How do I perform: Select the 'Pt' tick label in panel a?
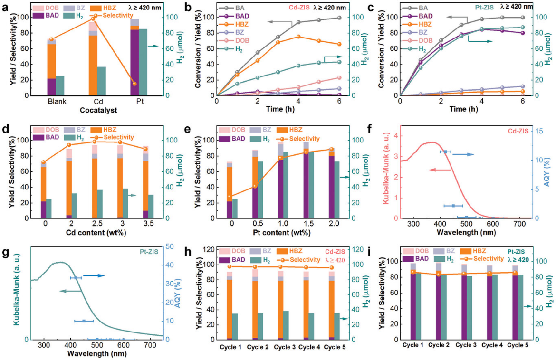(134, 101)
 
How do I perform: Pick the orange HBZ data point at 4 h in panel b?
(298, 37)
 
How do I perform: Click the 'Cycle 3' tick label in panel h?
(285, 346)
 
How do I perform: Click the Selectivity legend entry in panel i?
(486, 259)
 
